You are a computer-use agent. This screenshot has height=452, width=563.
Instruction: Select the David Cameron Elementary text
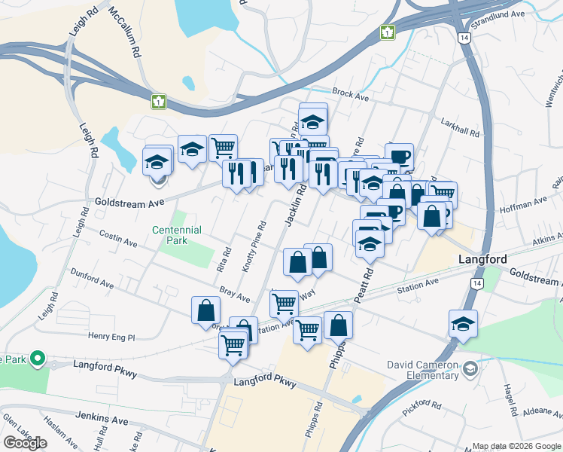[x=423, y=370]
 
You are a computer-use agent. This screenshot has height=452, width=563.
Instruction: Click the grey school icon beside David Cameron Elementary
[x=470, y=368]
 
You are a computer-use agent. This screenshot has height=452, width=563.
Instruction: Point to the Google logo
[x=25, y=443]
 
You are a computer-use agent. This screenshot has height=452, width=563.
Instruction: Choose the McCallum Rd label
[x=126, y=33]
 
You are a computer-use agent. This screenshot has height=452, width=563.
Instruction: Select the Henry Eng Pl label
[x=111, y=337]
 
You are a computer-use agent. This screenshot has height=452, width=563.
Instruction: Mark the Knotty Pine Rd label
[x=253, y=246]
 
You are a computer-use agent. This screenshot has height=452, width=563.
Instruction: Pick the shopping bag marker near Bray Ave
[x=205, y=310]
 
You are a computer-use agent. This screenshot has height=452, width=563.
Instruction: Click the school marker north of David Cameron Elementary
[x=464, y=324]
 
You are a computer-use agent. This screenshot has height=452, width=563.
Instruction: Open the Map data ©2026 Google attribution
[x=516, y=446]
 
